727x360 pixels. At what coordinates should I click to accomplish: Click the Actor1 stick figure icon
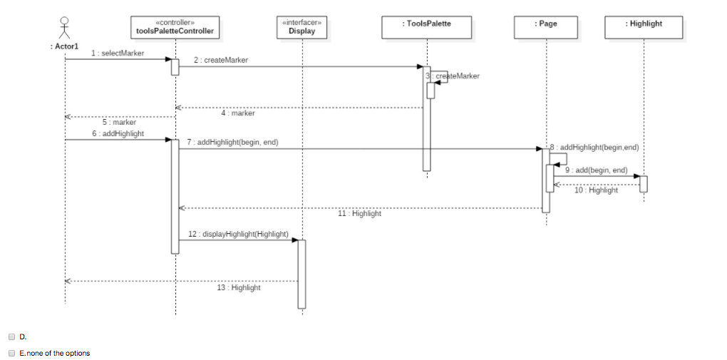pyautogui.click(x=65, y=27)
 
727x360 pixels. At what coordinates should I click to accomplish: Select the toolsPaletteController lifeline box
pyautogui.click(x=175, y=27)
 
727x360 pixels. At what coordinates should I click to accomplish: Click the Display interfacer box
pyautogui.click(x=301, y=27)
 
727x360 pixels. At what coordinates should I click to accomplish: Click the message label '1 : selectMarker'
pyautogui.click(x=118, y=53)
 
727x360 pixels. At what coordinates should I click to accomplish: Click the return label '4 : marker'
pyautogui.click(x=237, y=113)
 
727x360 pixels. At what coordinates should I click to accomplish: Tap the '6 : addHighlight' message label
pyautogui.click(x=118, y=133)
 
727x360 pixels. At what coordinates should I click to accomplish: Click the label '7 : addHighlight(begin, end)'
pyautogui.click(x=232, y=143)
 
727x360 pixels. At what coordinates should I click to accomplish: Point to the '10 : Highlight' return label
pyautogui.click(x=596, y=190)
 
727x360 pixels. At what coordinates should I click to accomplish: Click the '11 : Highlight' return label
pyautogui.click(x=359, y=213)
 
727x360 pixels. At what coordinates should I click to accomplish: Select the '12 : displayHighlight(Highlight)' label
pyautogui.click(x=238, y=234)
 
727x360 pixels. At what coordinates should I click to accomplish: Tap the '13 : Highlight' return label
pyautogui.click(x=238, y=287)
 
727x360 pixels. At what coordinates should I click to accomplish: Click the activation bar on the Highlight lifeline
pyautogui.click(x=643, y=183)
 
